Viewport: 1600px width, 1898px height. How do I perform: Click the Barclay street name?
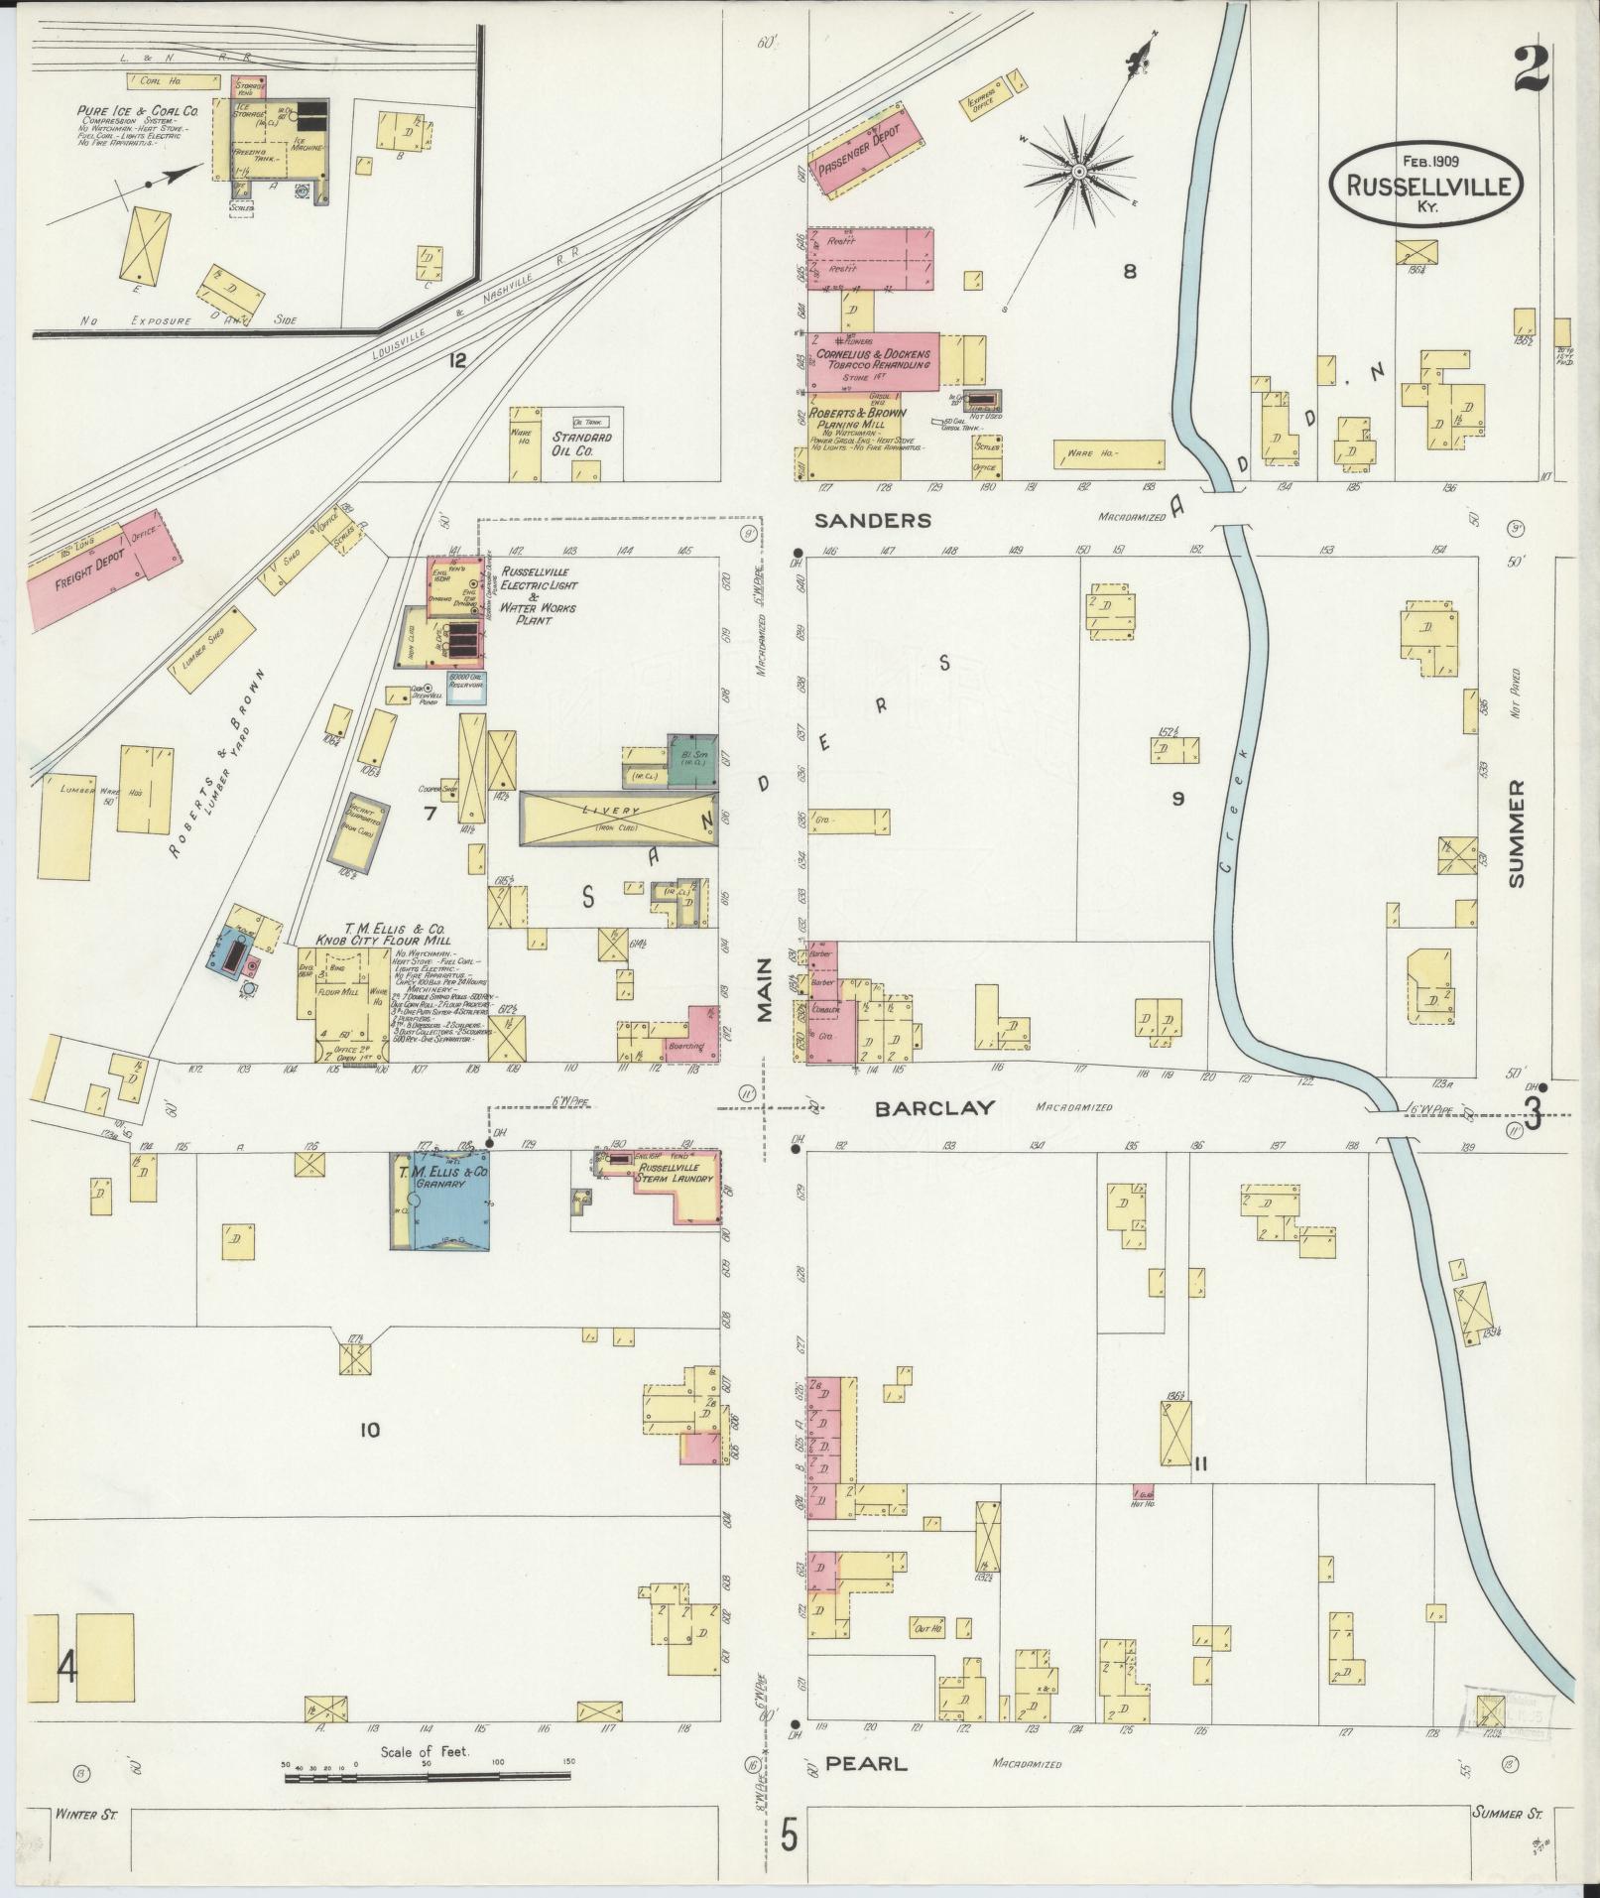(x=933, y=1108)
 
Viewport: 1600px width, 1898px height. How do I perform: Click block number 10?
(x=369, y=1430)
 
